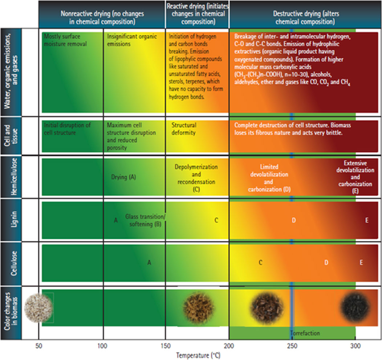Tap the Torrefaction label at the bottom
pyautogui.click(x=305, y=333)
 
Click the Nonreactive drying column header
pyautogui.click(x=102, y=18)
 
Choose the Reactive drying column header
pyautogui.click(x=197, y=15)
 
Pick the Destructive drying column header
pyautogui.click(x=304, y=18)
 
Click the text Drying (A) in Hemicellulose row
pyautogui.click(x=123, y=177)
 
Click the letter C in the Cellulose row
pyautogui.click(x=260, y=262)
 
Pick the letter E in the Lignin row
pyautogui.click(x=367, y=220)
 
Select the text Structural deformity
pyautogui.click(x=184, y=129)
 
